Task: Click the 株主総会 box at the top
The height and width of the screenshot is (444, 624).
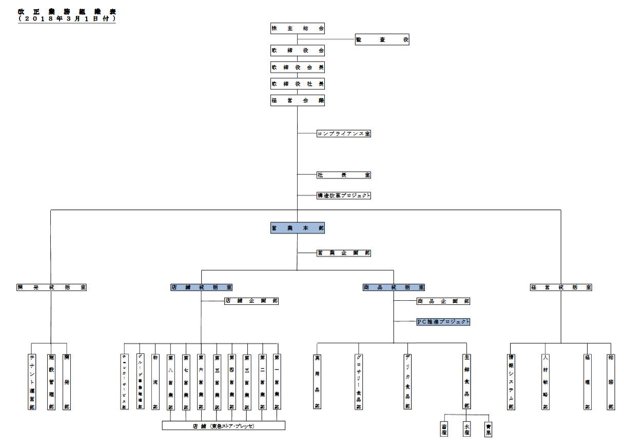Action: tap(298, 29)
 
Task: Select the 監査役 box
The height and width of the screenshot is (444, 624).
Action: tap(382, 40)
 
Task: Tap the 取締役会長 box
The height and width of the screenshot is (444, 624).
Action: tap(298, 67)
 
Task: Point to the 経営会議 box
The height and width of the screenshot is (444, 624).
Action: tap(298, 101)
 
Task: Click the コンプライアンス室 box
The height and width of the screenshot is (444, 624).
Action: tap(344, 133)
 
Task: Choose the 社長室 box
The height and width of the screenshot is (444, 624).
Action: tap(344, 175)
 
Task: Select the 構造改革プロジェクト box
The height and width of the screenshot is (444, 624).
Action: tap(344, 196)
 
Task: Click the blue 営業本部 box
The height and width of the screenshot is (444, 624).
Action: tap(298, 228)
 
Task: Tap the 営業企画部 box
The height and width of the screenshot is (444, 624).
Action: tap(344, 253)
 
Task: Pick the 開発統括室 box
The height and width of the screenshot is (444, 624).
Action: tap(51, 287)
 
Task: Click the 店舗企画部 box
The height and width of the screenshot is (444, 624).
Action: tap(251, 301)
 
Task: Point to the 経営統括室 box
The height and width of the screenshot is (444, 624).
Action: tap(561, 287)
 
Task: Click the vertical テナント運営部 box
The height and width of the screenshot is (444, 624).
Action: tap(32, 381)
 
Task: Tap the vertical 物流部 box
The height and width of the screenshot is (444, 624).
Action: tap(155, 381)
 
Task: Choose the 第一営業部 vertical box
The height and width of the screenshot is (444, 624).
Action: tap(277, 381)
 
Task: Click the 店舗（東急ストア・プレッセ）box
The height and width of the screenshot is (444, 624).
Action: tap(224, 426)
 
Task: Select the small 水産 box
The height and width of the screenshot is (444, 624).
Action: tap(466, 429)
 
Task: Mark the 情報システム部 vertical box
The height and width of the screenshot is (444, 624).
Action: tap(511, 381)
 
